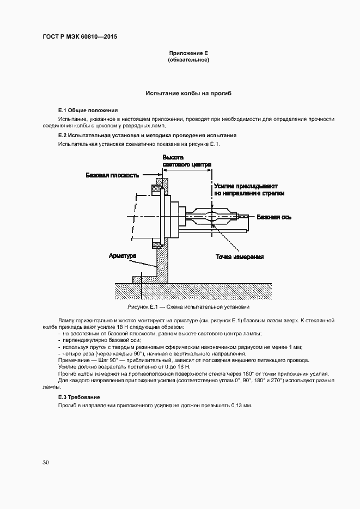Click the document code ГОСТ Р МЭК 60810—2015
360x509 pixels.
coord(80,37)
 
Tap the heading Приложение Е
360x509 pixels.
coord(188,53)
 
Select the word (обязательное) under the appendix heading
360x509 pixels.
coord(188,60)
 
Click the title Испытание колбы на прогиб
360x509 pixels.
coord(188,94)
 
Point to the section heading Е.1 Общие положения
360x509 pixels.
coord(88,110)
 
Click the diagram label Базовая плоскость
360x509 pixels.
coord(113,175)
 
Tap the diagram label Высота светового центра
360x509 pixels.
coord(187,161)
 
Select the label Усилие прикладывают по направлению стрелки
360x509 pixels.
coord(249,189)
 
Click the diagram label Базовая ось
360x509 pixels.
coord(274,217)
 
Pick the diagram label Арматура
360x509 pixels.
coord(123,255)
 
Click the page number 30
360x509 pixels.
coord(46,462)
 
